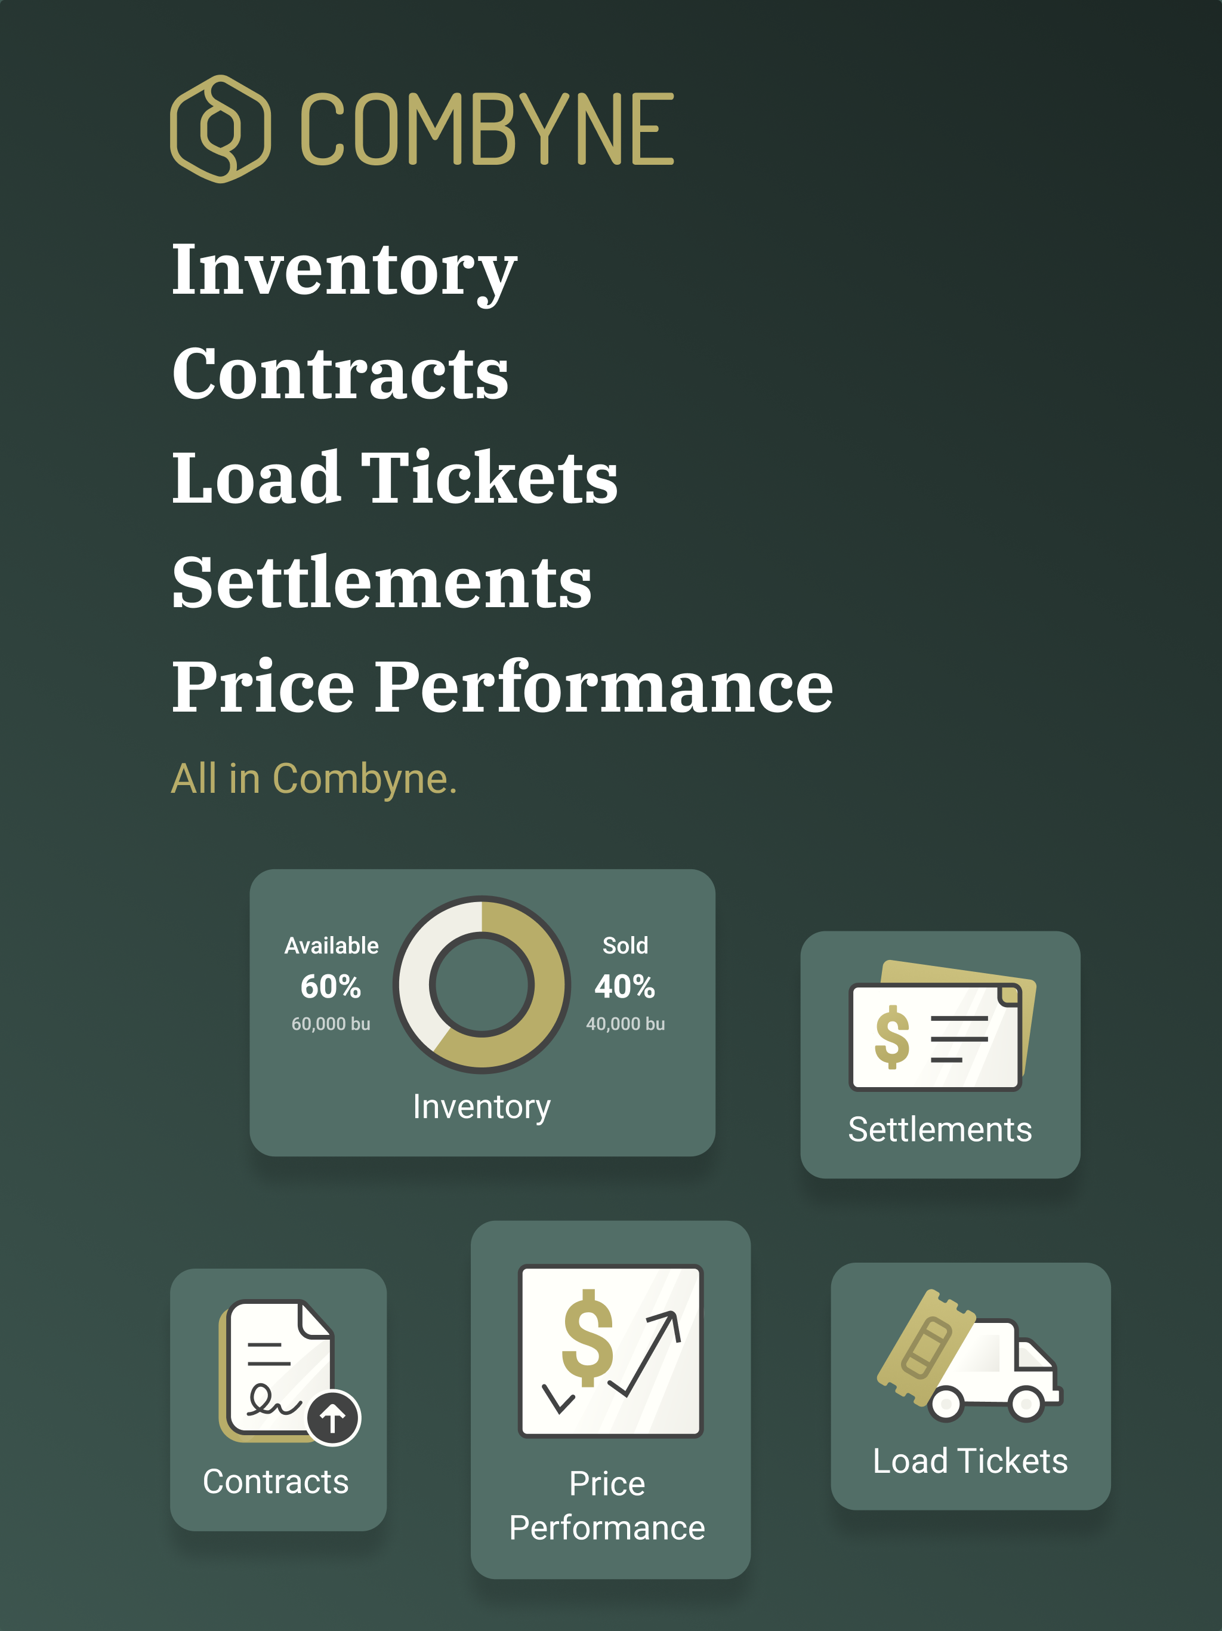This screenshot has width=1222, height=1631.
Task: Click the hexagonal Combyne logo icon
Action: tap(220, 129)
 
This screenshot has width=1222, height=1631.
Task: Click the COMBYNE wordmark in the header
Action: tap(487, 129)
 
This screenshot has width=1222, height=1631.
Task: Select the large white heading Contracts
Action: tap(341, 373)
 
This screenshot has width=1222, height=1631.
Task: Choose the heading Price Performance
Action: tap(502, 687)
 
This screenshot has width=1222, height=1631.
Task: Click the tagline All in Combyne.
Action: tap(314, 778)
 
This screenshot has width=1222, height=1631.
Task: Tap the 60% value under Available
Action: tap(331, 987)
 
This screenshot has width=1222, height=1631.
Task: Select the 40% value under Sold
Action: tap(625, 987)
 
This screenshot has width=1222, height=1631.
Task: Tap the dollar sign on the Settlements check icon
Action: tap(892, 1038)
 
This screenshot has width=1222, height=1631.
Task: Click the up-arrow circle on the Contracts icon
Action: tap(333, 1417)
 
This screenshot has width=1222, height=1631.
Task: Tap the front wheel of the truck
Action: tap(1026, 1402)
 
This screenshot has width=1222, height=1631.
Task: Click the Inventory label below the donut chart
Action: tap(482, 1107)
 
